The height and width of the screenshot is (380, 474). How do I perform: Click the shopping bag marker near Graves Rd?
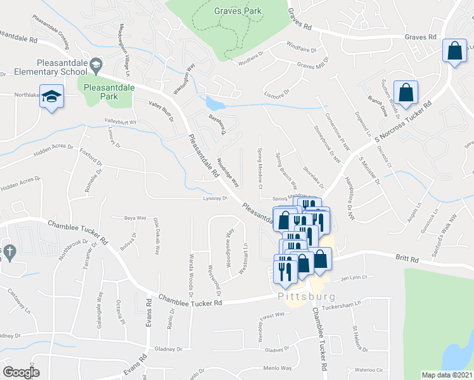[455, 53]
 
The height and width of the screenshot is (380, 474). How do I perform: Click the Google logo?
[21, 372]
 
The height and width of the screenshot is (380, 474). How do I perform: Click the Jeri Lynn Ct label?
[354, 277]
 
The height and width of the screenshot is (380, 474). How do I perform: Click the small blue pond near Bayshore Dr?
[214, 104]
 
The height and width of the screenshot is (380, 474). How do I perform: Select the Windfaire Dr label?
[301, 47]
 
